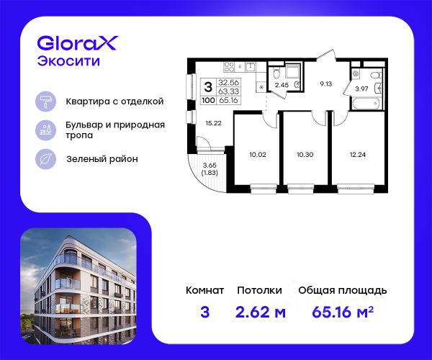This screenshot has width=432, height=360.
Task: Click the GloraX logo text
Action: (78, 43)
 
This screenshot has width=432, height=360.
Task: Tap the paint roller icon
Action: (46, 102)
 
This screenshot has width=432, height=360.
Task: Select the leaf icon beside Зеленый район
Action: (46, 159)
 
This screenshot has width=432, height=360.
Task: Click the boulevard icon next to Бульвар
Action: (46, 130)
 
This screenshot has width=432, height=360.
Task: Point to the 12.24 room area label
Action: (358, 155)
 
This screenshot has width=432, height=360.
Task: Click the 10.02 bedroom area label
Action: (258, 155)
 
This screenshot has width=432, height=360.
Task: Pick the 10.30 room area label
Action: (305, 155)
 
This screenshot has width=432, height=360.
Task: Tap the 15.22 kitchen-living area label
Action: (214, 123)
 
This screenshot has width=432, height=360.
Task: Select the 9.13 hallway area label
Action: (325, 84)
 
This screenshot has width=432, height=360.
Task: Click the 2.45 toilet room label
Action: (282, 85)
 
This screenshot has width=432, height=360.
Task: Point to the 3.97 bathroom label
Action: (361, 89)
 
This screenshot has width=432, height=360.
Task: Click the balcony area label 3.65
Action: (210, 166)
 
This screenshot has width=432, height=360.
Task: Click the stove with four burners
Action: (229, 67)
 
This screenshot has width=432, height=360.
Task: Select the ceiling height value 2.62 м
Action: (261, 312)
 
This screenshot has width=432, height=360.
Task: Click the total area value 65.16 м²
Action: (343, 312)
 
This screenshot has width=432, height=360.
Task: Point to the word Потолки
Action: (259, 290)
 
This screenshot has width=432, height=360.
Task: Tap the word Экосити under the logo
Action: (68, 61)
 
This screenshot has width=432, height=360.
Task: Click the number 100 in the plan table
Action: (208, 100)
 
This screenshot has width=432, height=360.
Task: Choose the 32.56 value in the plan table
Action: (228, 82)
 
